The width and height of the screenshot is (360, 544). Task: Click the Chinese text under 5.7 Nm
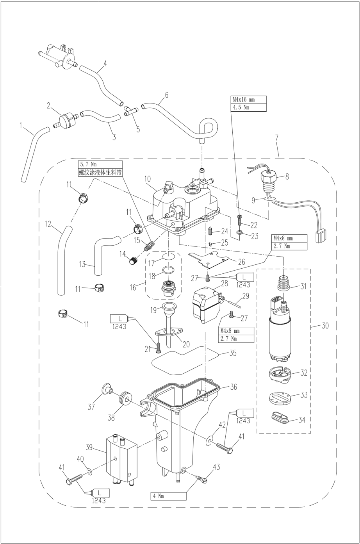click(100, 172)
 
